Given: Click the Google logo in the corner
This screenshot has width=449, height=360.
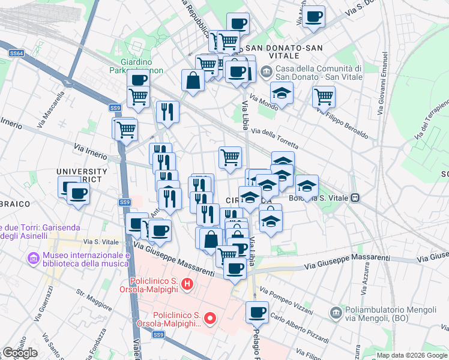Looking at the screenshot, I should pos(20,353).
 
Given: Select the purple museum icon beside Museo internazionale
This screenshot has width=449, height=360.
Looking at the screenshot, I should pos(34,259).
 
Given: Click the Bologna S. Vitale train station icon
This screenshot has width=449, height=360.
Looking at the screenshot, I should pos(355,197).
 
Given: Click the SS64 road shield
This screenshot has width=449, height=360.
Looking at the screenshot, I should pos(16,54).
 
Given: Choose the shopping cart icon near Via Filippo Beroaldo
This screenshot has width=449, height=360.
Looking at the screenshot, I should pos(324,95).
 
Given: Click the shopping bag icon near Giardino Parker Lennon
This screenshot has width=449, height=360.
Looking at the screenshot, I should pos(193,80).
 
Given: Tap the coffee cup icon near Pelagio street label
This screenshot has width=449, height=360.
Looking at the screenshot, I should pos(257,312).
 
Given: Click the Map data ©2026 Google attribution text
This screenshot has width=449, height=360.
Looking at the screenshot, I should pos(411,355).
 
